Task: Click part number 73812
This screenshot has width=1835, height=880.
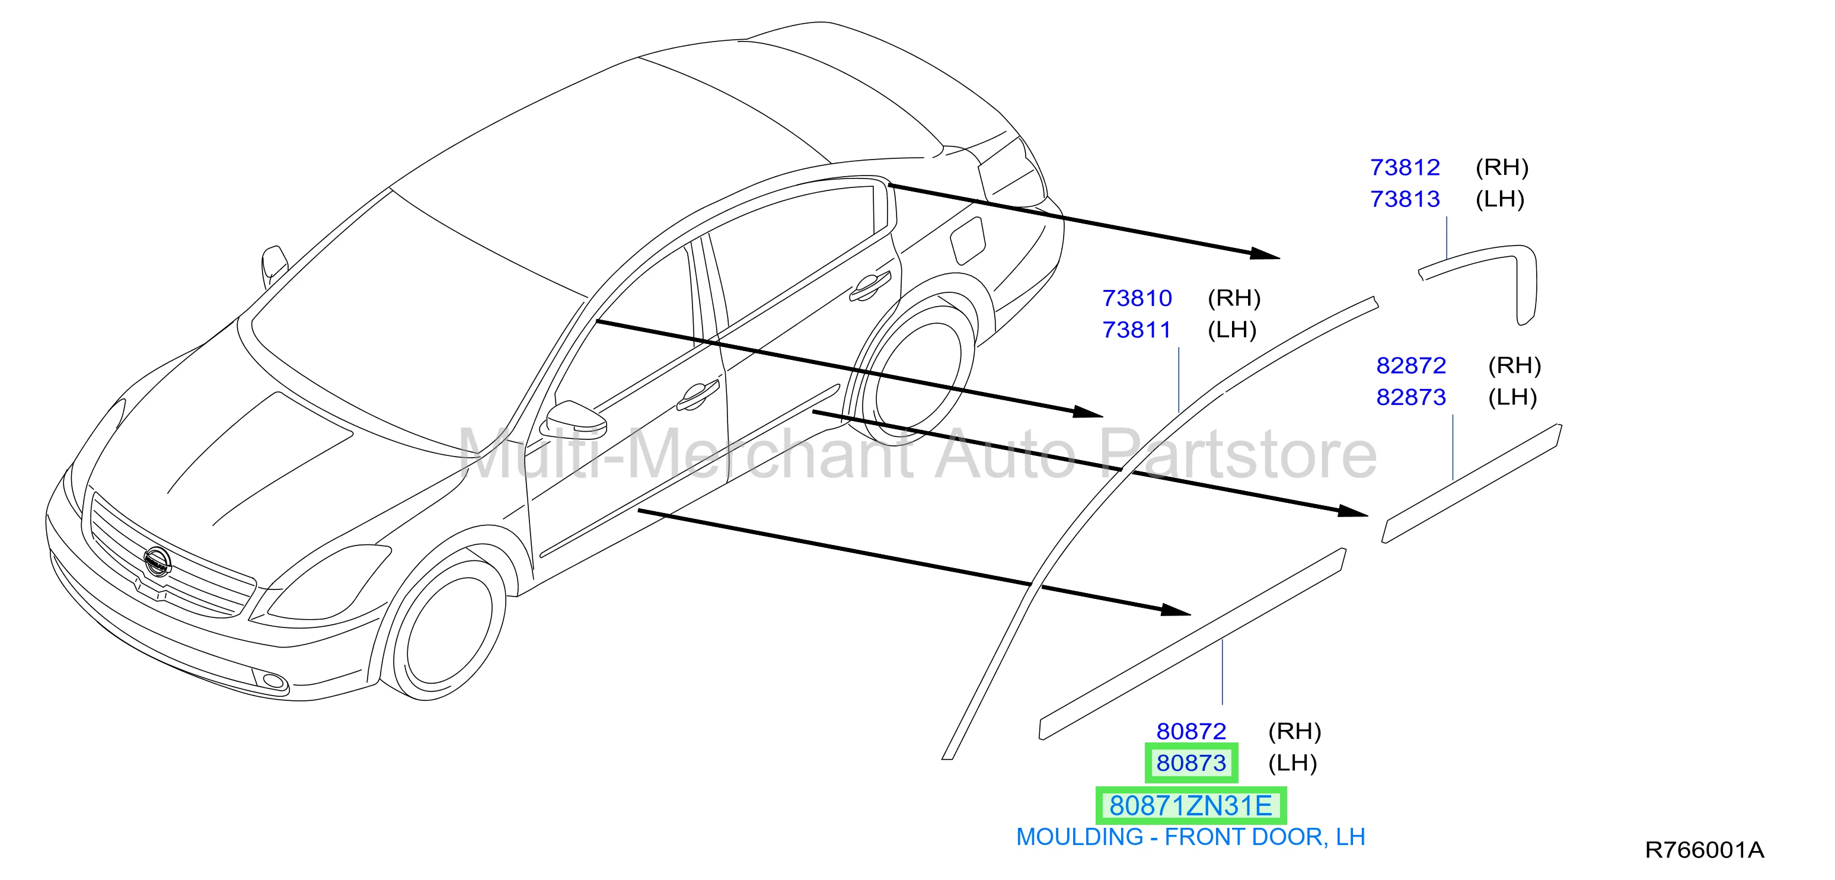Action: point(1405,167)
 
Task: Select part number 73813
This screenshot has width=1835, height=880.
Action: point(1405,199)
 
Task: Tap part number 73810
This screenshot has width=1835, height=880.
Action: point(1137,298)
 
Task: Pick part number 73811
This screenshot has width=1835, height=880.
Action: point(1137,330)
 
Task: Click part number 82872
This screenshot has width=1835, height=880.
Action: point(1411,365)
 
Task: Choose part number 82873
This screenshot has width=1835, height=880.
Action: point(1411,397)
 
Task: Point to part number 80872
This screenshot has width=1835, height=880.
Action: point(1191,731)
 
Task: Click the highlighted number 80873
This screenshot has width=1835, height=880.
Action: point(1191,763)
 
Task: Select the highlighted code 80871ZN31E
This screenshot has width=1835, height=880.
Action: point(1191,806)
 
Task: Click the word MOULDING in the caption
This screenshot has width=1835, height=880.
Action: point(1079,837)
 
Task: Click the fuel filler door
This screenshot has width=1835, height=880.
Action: point(968,241)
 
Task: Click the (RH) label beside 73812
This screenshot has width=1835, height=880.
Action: point(1502,167)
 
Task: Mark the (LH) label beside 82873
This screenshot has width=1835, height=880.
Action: point(1512,397)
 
